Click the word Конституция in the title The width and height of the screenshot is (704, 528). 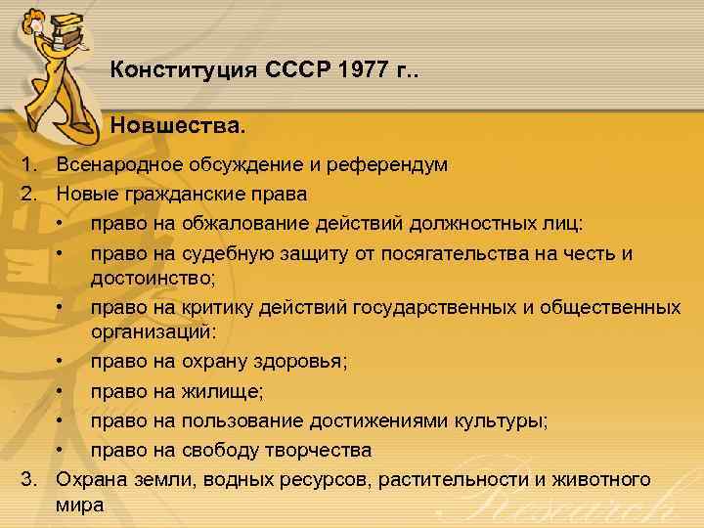182,70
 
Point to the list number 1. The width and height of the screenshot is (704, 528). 28,164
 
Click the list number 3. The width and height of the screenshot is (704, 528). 28,479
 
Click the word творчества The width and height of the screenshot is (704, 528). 316,451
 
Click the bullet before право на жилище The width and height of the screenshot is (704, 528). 61,391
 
